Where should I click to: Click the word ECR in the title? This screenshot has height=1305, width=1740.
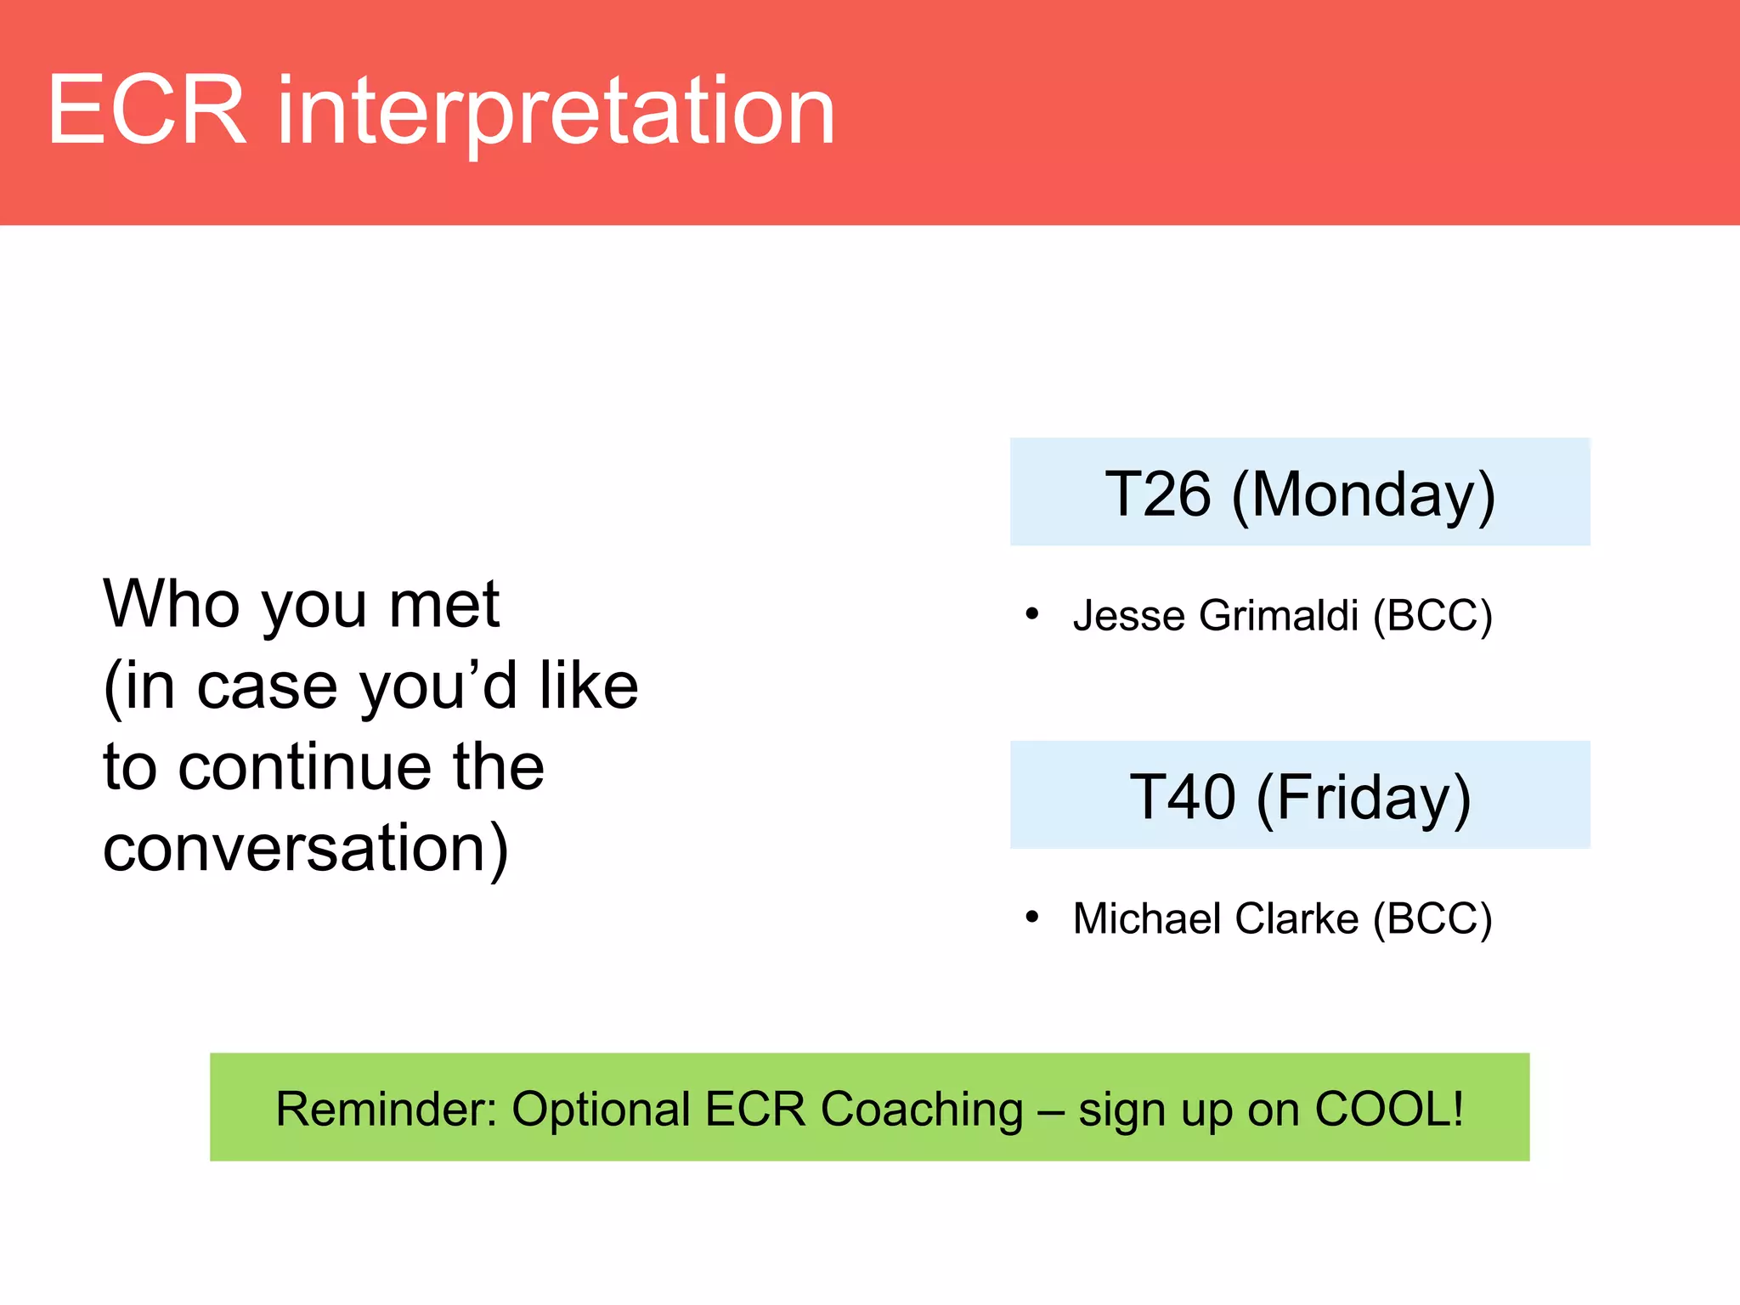pyautogui.click(x=146, y=110)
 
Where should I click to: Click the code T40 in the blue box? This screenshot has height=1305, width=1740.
pyautogui.click(x=1182, y=797)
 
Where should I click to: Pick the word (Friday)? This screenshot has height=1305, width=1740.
pyautogui.click(x=1363, y=799)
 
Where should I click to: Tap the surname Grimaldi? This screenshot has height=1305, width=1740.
pyautogui.click(x=1279, y=615)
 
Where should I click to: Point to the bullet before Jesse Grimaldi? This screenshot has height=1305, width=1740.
pyautogui.click(x=1032, y=613)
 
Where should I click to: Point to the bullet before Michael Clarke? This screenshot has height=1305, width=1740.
pyautogui.click(x=1032, y=917)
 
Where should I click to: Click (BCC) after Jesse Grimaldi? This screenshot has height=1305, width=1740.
pyautogui.click(x=1432, y=616)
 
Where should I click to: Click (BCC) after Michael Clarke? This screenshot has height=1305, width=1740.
pyautogui.click(x=1432, y=919)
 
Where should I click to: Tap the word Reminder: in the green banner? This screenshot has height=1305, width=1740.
pyautogui.click(x=386, y=1109)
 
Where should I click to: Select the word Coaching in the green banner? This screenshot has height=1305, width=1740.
pyautogui.click(x=922, y=1110)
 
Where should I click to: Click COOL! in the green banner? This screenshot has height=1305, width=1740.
pyautogui.click(x=1388, y=1109)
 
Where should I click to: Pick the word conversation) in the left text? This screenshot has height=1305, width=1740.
pyautogui.click(x=306, y=848)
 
